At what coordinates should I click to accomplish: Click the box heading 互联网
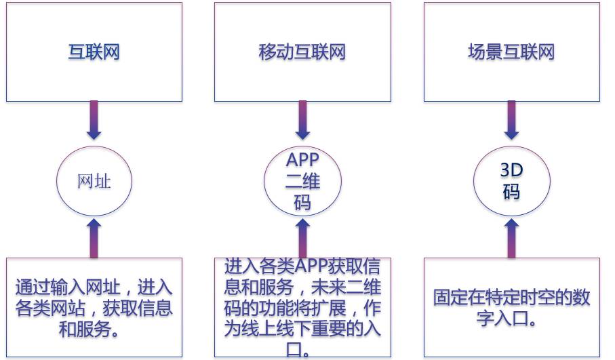(x=94, y=52)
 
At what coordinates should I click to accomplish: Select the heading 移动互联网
(x=302, y=52)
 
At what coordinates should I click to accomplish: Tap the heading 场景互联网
(x=511, y=52)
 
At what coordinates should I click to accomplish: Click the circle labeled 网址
(x=94, y=182)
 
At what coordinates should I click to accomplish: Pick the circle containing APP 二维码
(x=302, y=182)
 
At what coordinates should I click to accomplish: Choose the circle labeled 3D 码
(x=511, y=182)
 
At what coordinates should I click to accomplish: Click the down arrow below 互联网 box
(x=94, y=122)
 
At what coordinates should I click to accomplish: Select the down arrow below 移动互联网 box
(x=302, y=122)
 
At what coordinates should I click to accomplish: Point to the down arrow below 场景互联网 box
(x=511, y=122)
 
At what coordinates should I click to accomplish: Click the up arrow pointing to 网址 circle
(x=94, y=237)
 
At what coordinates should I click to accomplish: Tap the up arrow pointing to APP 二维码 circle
(x=302, y=237)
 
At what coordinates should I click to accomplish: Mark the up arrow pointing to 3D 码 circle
(x=511, y=237)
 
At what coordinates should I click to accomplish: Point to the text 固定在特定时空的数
(x=512, y=298)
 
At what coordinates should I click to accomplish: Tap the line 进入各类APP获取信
(x=302, y=266)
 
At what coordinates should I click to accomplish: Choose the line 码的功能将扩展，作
(x=302, y=308)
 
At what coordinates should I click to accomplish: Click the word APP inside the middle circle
(x=302, y=160)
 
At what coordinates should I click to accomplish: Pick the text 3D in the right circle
(x=511, y=170)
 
